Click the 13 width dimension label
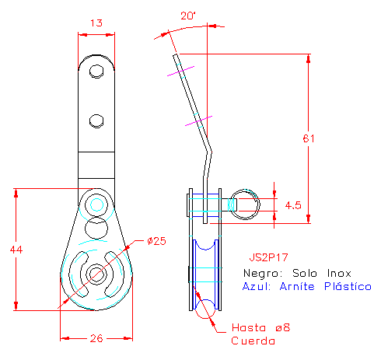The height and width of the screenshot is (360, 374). (x=96, y=23)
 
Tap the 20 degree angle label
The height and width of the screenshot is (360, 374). (x=188, y=16)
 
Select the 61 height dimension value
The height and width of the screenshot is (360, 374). (x=309, y=138)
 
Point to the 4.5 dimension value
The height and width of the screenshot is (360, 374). (x=293, y=205)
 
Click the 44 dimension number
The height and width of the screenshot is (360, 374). (x=16, y=250)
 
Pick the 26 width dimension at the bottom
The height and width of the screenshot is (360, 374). (x=96, y=338)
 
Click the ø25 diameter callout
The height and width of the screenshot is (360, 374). (x=156, y=241)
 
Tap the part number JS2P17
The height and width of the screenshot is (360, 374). (x=268, y=257)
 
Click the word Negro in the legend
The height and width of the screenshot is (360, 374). (x=263, y=273)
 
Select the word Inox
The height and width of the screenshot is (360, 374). (x=339, y=273)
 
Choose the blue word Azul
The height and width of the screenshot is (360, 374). (x=257, y=286)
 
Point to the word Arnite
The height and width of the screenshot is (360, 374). (x=297, y=286)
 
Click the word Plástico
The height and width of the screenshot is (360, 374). (x=348, y=286)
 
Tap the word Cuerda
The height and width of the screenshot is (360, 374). (x=253, y=341)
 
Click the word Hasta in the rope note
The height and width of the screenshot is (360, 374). (x=249, y=327)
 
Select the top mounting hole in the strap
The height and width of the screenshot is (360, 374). (x=96, y=72)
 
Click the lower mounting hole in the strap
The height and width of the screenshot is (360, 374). (x=96, y=121)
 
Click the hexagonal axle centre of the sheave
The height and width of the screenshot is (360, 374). (x=96, y=274)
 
